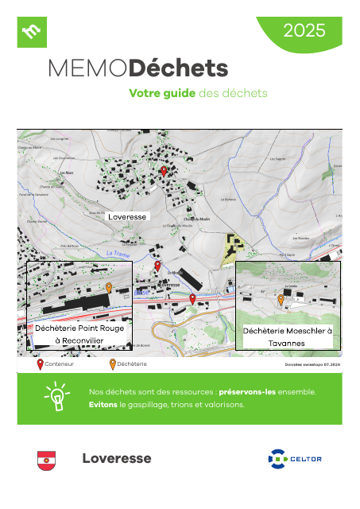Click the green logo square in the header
coord(33,32)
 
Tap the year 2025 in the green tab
coord(304,31)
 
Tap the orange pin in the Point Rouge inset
coord(109,288)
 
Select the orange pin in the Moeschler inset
coord(281,301)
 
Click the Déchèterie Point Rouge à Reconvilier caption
coord(79,334)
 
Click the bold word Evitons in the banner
coord(103,404)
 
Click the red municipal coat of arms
coord(46,460)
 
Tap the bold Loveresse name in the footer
coord(116,459)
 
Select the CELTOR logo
coord(295,459)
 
